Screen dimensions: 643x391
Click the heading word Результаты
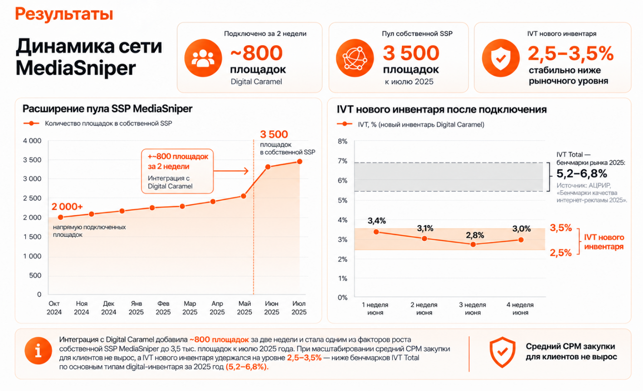[64, 14]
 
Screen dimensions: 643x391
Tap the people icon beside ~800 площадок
[203, 58]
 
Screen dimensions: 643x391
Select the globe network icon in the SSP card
[355, 58]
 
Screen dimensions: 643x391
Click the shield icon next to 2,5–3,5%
[500, 58]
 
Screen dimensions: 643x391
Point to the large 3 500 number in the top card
[411, 53]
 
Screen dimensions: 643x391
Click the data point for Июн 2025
[268, 167]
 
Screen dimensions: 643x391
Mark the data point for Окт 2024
[60, 217]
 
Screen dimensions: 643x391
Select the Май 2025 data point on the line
[243, 196]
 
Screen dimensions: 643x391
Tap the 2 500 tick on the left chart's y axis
[32, 198]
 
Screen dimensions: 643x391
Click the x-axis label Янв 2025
[136, 308]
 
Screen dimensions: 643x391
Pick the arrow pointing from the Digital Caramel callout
[231, 171]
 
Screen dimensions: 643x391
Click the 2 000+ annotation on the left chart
[67, 206]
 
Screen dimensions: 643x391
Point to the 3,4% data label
[377, 221]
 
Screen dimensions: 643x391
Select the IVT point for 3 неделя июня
[473, 244]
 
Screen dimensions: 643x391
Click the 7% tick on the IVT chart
[342, 161]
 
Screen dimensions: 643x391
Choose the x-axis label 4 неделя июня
[520, 308]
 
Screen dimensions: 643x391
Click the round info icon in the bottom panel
[38, 351]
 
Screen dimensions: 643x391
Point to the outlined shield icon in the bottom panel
[502, 352]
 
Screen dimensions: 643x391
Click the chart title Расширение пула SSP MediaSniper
[107, 109]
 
